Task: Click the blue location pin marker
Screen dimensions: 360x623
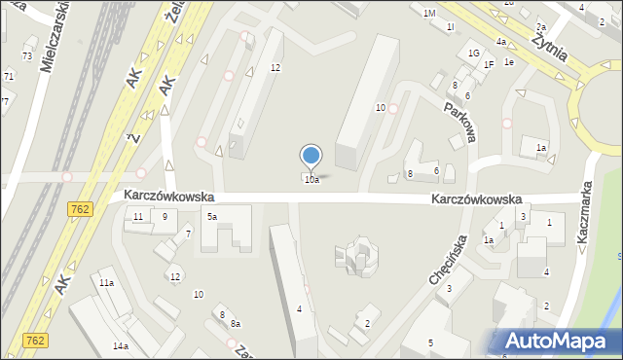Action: [311, 156]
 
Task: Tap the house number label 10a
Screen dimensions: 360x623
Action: [311, 180]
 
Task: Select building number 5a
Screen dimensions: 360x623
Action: [210, 216]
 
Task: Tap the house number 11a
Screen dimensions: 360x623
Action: [106, 282]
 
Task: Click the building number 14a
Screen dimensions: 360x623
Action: [120, 346]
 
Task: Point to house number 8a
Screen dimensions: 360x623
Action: [236, 322]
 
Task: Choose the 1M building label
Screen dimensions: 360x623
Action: [429, 13]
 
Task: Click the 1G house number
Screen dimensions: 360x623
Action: [474, 53]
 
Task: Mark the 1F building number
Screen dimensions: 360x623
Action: [489, 64]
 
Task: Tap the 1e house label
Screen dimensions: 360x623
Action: [508, 61]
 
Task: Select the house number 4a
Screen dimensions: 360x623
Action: [500, 42]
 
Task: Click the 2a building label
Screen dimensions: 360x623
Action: [541, 27]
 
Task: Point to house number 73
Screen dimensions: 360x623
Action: [27, 56]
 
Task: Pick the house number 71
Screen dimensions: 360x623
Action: [9, 76]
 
